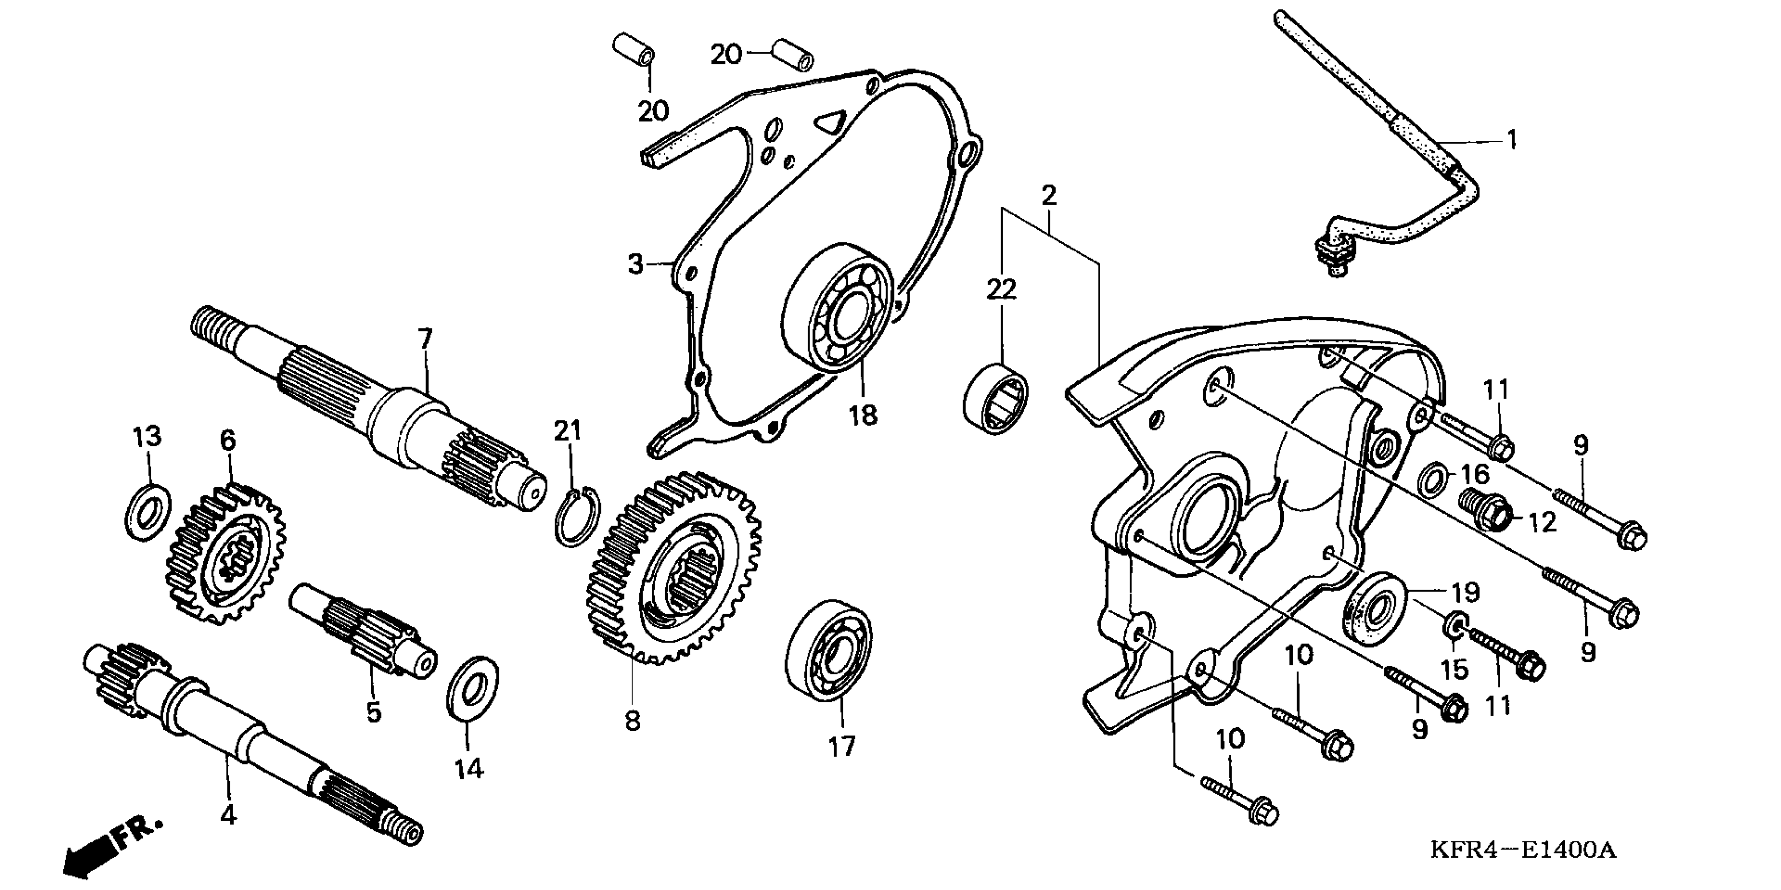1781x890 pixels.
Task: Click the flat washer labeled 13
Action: tap(148, 513)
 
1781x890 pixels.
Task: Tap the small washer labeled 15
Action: tap(1453, 625)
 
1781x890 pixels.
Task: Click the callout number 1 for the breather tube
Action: tap(1511, 140)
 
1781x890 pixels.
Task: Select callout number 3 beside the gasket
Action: tap(635, 264)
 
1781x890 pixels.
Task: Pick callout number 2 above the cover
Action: tap(1048, 196)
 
